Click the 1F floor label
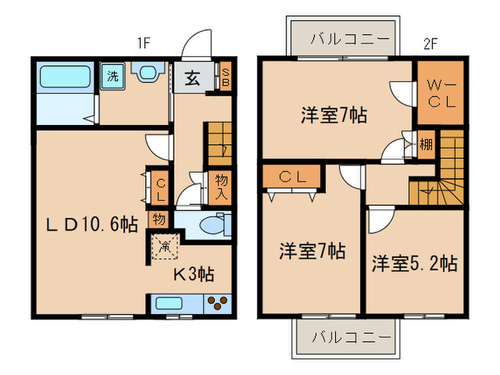pos(143,43)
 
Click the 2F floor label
pos(429,43)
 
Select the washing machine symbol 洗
pos(112,76)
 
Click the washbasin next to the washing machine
pos(149,74)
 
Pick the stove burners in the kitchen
pos(218,303)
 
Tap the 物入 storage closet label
pos(220,186)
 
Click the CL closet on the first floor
pos(160,187)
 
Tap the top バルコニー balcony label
pos(341,38)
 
